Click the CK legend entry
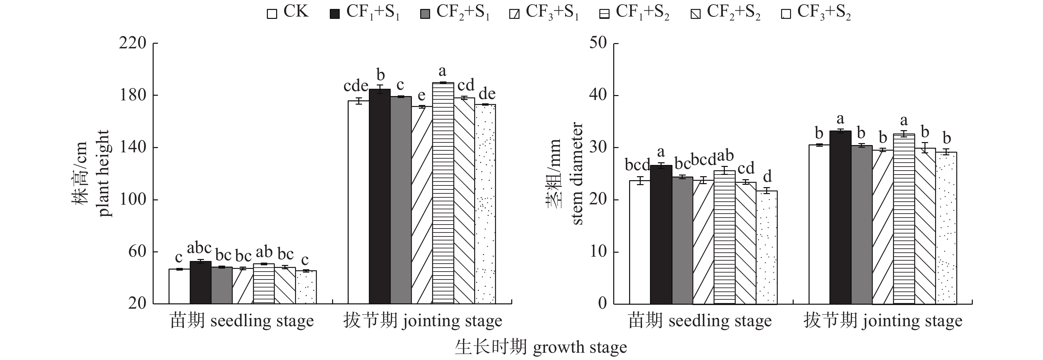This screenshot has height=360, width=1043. (288, 12)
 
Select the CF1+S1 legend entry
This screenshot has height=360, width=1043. (365, 13)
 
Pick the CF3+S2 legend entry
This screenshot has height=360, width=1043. (816, 13)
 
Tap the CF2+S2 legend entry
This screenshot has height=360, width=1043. (725, 13)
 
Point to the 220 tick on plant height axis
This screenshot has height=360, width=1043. (133, 43)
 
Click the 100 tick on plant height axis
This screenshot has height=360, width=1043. (133, 200)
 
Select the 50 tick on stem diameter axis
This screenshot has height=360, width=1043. (598, 43)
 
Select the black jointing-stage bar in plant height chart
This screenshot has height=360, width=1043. (379, 196)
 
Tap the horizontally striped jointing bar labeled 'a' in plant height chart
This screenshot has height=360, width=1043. (443, 193)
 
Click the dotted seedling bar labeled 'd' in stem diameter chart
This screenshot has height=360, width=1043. (767, 247)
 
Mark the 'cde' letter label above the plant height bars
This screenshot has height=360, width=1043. (356, 86)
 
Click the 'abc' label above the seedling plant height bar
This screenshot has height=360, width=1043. (199, 248)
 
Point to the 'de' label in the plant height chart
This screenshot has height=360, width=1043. (487, 94)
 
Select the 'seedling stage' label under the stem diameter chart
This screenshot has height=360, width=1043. (700, 321)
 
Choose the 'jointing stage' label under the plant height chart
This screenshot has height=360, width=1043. (423, 321)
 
